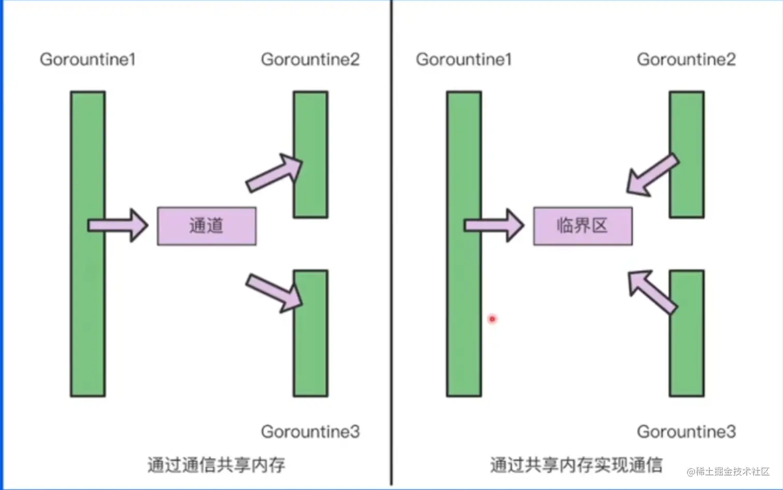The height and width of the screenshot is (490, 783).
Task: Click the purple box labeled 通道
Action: (207, 226)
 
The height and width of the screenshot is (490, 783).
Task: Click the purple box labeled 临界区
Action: (583, 226)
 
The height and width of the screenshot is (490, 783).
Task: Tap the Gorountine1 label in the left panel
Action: (88, 60)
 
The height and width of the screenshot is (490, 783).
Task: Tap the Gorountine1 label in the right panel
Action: (463, 60)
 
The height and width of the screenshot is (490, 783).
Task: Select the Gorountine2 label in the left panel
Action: (310, 60)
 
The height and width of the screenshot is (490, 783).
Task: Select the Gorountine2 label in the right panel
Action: (686, 60)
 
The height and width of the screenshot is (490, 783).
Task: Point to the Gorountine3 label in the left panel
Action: (310, 431)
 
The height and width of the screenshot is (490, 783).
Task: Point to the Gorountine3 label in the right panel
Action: (686, 431)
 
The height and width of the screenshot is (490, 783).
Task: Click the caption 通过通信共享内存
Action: (216, 465)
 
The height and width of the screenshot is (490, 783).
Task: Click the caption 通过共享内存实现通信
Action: (576, 465)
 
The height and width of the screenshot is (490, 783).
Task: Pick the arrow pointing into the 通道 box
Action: (118, 225)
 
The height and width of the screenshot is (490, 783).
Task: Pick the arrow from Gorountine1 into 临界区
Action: (494, 225)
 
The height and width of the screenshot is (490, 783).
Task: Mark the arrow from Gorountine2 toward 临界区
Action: (651, 175)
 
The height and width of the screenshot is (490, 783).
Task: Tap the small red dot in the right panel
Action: (492, 319)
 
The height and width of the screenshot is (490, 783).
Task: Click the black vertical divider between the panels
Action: (392, 243)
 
